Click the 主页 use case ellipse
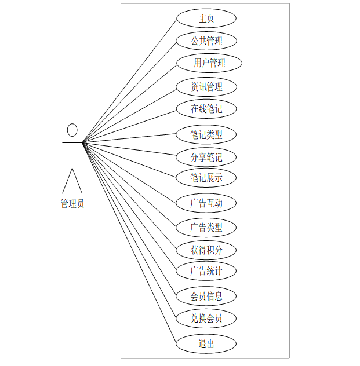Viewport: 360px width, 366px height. click(x=206, y=19)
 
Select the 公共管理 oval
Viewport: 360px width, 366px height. click(x=206, y=41)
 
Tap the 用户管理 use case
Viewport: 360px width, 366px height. click(x=209, y=63)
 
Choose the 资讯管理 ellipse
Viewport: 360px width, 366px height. click(x=206, y=87)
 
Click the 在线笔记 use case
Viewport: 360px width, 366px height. click(x=206, y=108)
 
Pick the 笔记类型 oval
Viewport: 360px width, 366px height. click(x=206, y=135)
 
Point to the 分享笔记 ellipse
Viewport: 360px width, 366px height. click(x=206, y=157)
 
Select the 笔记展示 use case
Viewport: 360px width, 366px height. click(x=206, y=178)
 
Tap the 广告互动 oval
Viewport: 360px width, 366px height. click(x=206, y=203)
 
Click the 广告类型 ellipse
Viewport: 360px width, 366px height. click(x=206, y=228)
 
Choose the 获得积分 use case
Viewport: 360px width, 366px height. click(x=206, y=250)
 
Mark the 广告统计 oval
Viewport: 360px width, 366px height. click(x=206, y=270)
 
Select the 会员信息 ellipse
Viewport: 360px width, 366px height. click(x=206, y=297)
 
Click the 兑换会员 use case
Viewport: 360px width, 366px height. click(x=206, y=318)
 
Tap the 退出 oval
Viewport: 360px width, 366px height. click(x=206, y=343)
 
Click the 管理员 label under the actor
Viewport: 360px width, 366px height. click(x=72, y=204)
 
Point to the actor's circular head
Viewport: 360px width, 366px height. click(x=72, y=130)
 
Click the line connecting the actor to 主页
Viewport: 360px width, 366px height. click(x=129, y=80)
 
